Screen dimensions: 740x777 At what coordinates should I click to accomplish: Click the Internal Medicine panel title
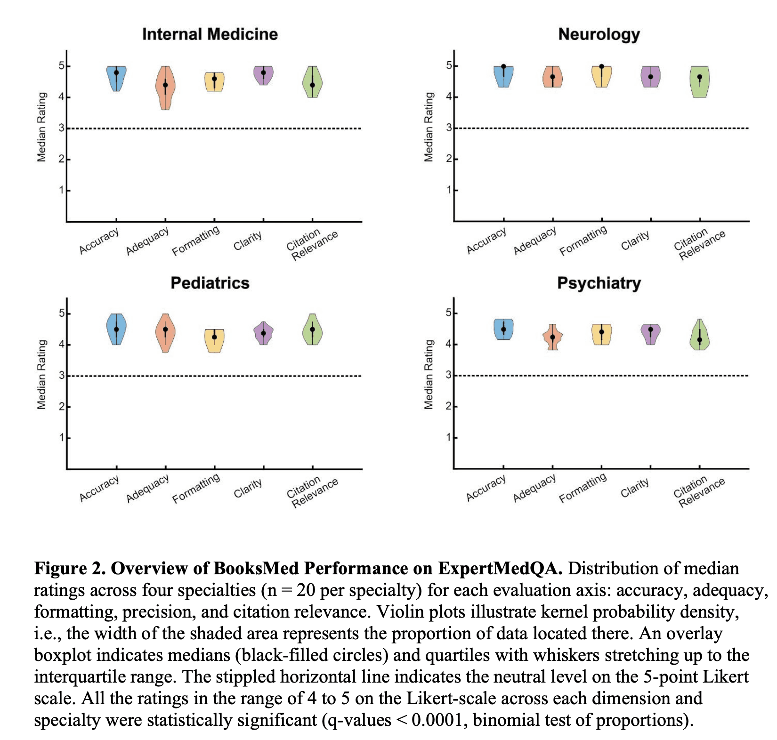(210, 34)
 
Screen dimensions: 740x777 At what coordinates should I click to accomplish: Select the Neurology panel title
(599, 34)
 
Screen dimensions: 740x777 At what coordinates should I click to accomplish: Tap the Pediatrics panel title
(210, 283)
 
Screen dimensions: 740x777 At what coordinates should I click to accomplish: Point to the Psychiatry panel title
(599, 283)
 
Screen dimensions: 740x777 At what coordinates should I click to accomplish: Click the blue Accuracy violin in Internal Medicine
(116, 78)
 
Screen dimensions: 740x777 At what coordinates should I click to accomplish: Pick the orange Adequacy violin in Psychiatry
(552, 337)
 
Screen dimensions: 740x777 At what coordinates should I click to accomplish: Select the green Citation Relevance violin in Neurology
(699, 82)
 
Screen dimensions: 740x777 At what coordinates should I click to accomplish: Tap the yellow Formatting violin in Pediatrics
(214, 340)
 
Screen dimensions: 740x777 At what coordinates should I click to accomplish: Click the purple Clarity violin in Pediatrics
(264, 334)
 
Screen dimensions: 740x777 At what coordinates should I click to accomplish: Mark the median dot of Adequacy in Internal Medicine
(165, 85)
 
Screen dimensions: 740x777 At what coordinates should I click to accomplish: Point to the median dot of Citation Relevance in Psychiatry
(699, 340)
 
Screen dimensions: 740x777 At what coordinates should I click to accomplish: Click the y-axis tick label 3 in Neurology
(449, 128)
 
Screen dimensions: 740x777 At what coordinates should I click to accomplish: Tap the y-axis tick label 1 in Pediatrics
(62, 438)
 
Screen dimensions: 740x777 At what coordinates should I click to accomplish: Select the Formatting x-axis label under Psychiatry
(583, 488)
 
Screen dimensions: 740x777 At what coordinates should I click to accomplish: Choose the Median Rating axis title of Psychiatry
(429, 374)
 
